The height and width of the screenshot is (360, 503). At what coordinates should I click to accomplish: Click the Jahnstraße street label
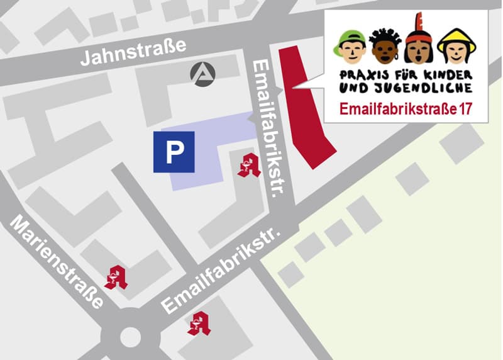tap(135, 52)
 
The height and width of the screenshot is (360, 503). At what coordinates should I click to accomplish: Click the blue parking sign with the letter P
tap(174, 152)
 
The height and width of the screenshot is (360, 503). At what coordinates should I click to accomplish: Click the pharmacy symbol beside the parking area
tap(249, 165)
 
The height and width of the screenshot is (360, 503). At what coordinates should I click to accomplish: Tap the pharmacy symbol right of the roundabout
tap(199, 323)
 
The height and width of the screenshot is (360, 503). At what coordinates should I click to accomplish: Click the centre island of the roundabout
tap(130, 337)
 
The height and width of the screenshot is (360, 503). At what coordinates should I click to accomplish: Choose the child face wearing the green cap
tap(352, 47)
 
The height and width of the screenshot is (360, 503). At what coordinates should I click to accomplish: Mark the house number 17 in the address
tap(466, 108)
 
